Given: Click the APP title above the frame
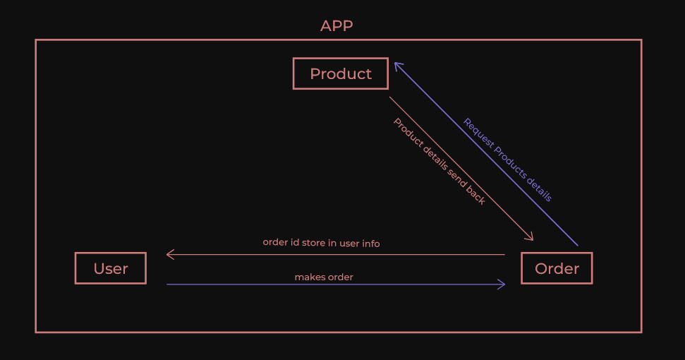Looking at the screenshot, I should pos(337,26).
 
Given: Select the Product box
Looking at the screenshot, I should pos(341,74).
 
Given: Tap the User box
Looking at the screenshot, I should pos(111,269).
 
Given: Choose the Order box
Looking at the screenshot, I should pos(557,269).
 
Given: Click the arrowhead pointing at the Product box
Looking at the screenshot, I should pos(397,65).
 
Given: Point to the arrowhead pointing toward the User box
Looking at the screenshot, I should pos(169,254).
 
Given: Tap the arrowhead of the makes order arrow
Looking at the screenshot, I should pos(502,284).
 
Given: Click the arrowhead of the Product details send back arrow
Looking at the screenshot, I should pos(530,237).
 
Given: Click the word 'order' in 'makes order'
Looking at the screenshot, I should pos(340,277).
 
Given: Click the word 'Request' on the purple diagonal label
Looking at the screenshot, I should pos(478,132).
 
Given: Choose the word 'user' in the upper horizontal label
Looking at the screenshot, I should pos(347,243).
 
